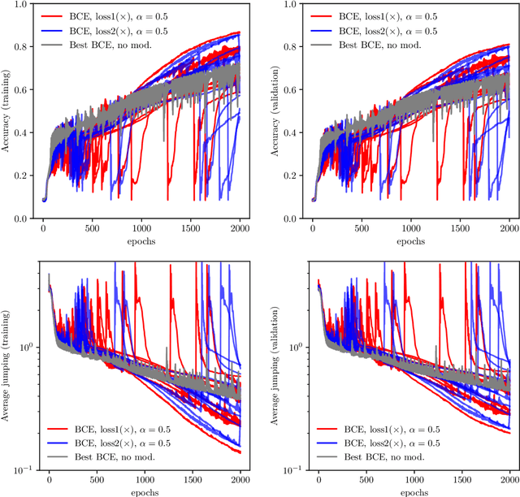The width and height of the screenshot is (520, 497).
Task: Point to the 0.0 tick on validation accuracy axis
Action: pos(293,218)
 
